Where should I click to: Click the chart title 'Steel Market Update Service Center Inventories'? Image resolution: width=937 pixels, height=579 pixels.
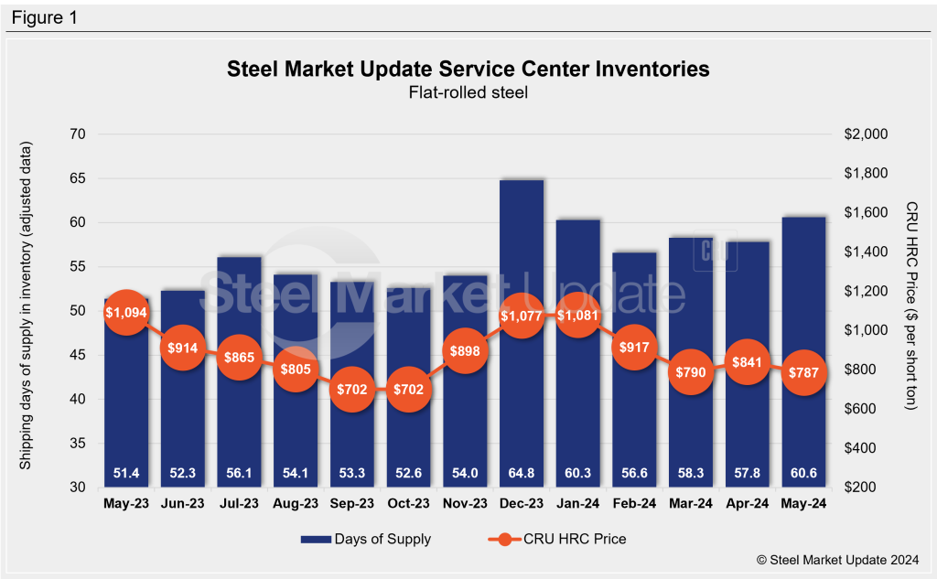coord(468,70)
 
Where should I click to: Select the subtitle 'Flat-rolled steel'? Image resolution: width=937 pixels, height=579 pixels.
coord(468,91)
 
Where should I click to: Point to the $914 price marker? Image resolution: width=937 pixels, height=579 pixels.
coord(183,348)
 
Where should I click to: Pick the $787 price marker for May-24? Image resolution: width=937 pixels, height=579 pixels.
coord(803,372)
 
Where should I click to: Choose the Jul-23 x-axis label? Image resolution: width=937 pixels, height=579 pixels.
coord(239,504)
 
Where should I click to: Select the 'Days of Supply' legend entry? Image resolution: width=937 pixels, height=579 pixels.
coord(366,539)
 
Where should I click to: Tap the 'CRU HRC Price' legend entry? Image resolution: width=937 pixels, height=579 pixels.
coord(558,539)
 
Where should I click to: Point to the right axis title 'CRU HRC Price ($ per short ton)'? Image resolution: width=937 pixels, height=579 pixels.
coord(910,306)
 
